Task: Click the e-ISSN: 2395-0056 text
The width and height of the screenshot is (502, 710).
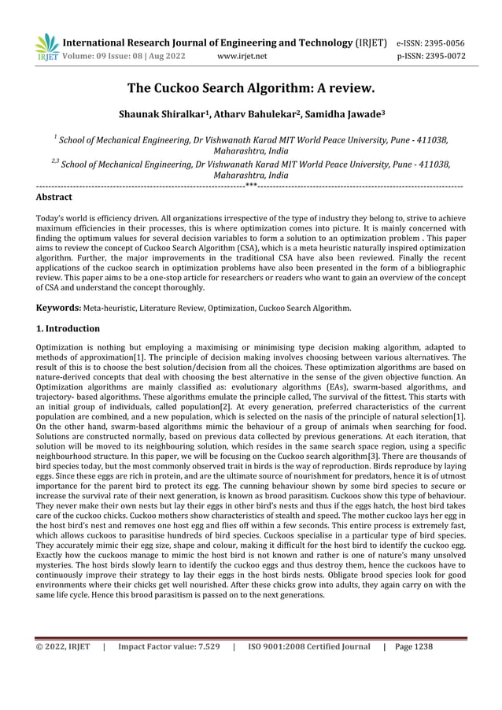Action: [430, 43]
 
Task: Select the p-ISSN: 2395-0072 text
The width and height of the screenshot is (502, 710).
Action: [430, 56]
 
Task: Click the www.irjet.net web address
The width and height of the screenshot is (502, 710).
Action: [241, 56]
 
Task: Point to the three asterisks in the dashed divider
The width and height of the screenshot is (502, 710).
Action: [251, 185]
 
